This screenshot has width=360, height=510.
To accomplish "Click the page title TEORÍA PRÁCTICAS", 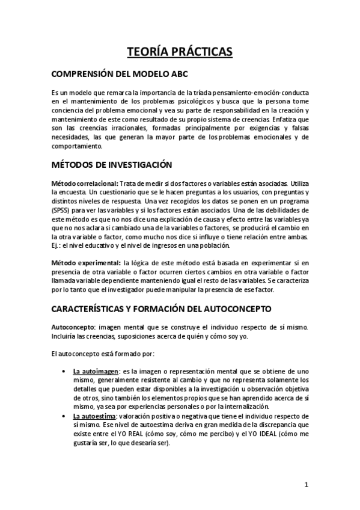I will click(180, 52).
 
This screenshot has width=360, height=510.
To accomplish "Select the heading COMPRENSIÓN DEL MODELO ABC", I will click(120, 75).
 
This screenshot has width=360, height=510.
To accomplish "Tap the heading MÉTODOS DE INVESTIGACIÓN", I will click(112, 164).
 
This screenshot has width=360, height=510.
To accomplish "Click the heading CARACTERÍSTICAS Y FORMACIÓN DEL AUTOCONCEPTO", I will click(162, 309).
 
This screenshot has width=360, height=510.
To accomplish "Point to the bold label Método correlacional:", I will click(84, 183).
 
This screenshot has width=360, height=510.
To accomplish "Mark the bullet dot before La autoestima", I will click(64, 416).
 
